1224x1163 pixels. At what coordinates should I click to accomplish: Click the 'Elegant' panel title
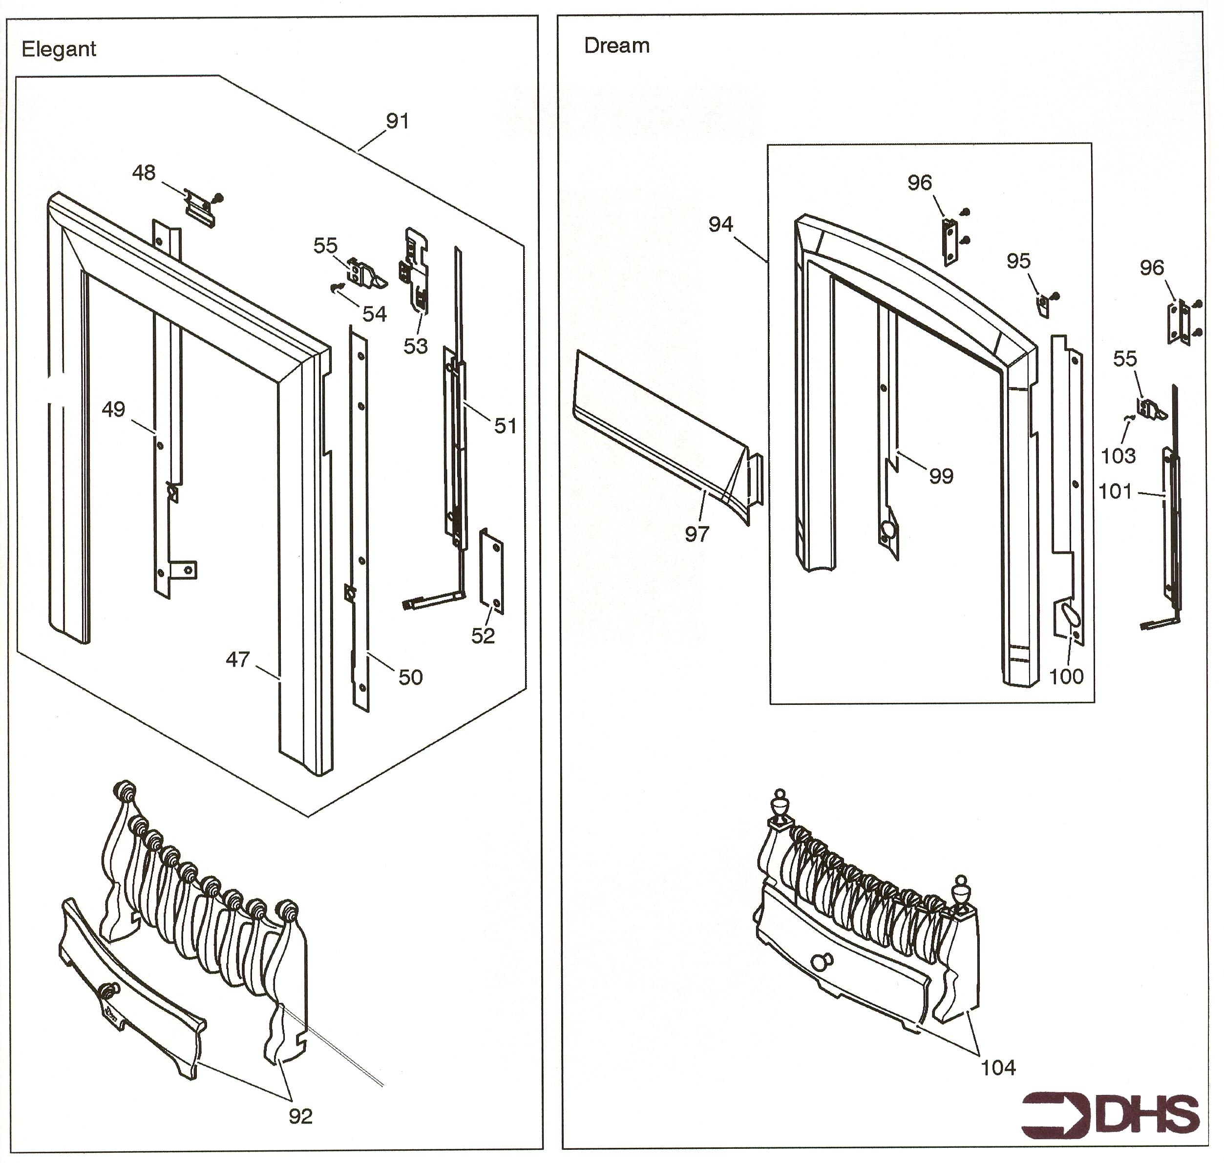click(59, 49)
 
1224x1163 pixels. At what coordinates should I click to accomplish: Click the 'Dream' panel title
click(617, 46)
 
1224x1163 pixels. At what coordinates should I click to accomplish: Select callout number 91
click(397, 122)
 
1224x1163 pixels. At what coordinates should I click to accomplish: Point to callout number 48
click(144, 173)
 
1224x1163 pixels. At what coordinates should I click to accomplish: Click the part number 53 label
click(415, 346)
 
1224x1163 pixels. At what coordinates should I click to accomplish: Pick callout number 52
click(483, 636)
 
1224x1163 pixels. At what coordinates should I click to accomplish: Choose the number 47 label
click(237, 659)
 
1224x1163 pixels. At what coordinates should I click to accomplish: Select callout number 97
click(696, 534)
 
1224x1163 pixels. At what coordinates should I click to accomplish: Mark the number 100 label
click(1066, 677)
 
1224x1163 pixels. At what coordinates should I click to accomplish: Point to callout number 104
click(998, 1068)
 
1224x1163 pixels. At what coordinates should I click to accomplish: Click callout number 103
click(1118, 456)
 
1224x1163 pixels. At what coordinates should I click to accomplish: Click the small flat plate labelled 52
click(493, 571)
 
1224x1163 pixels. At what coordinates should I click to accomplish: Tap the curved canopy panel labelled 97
click(657, 428)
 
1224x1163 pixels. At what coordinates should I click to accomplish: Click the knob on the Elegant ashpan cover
click(109, 990)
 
